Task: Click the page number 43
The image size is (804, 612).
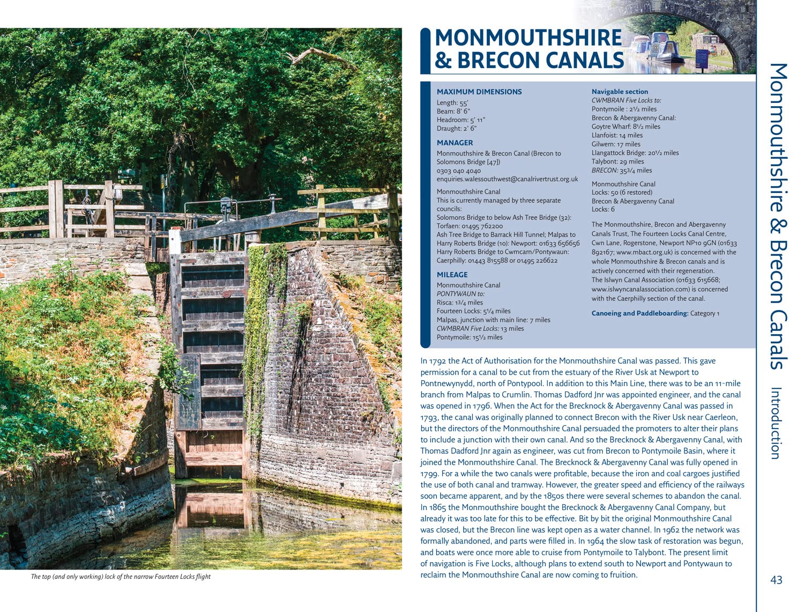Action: coord(776,580)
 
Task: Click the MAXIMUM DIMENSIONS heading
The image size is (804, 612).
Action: coord(479,92)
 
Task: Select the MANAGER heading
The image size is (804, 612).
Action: coord(455,143)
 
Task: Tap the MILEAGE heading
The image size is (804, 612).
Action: coord(452,275)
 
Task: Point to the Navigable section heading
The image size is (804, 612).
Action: coord(620,92)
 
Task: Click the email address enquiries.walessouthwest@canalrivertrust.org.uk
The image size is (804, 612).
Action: coord(507,179)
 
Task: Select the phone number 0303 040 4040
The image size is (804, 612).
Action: coord(458,171)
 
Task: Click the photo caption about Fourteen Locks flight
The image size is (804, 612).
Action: coord(121,577)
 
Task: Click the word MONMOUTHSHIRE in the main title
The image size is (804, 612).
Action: coord(528,38)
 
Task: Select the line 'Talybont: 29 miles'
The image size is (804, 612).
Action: coord(617,161)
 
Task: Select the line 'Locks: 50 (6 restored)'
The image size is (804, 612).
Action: coord(622,193)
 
